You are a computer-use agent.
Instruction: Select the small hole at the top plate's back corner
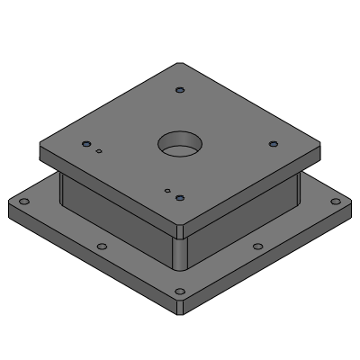click(x=180, y=90)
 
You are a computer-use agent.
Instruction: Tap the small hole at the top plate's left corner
click(x=86, y=144)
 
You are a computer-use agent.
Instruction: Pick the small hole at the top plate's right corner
click(x=274, y=143)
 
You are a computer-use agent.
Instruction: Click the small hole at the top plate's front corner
click(x=180, y=197)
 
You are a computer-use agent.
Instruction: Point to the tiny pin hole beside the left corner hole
click(x=99, y=151)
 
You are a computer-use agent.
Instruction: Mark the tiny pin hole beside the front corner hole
click(x=167, y=190)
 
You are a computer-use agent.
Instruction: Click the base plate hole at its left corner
click(x=24, y=202)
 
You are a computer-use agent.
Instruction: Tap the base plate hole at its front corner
click(x=180, y=292)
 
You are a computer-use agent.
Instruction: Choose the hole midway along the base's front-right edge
click(x=258, y=247)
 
